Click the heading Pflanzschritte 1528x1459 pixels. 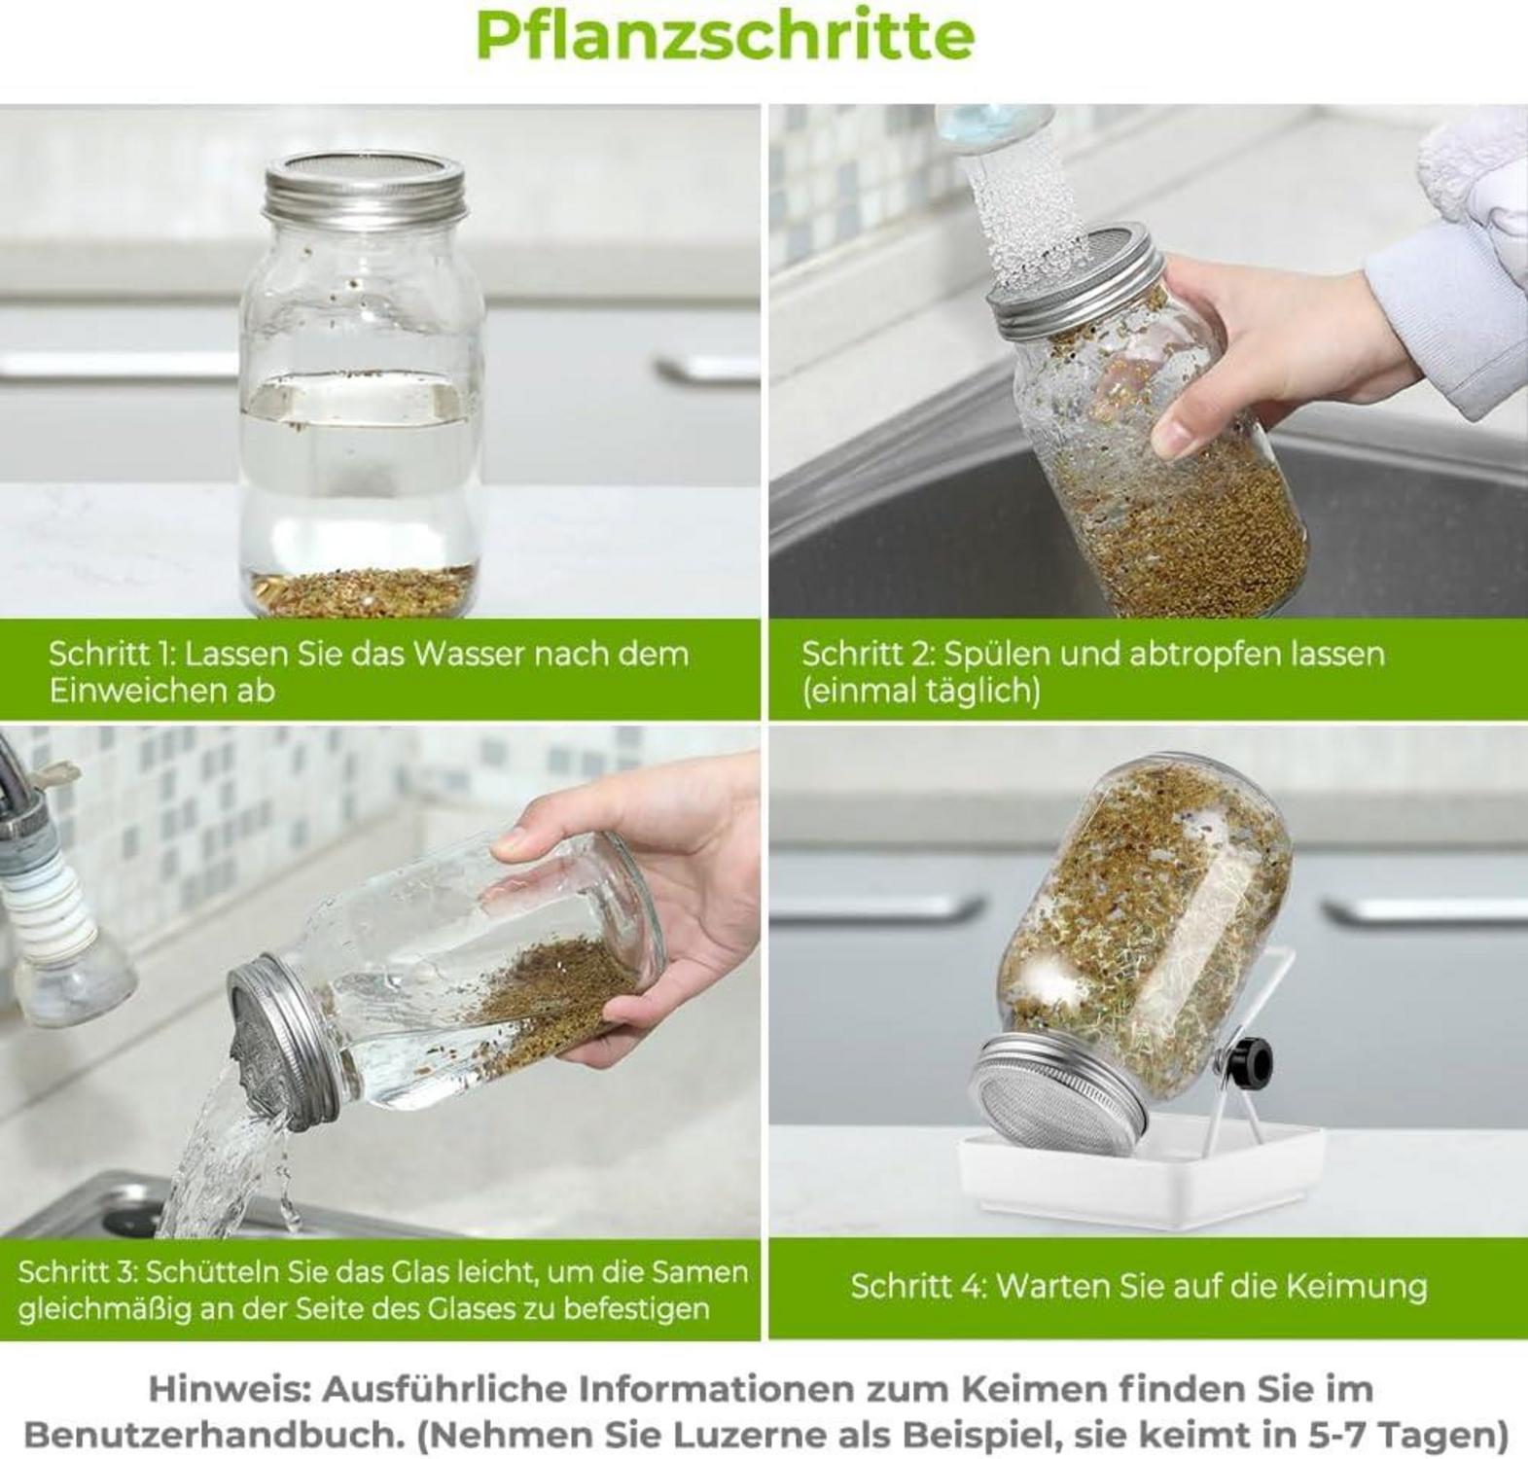pyautogui.click(x=725, y=36)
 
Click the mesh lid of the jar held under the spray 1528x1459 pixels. pyautogui.click(x=1068, y=287)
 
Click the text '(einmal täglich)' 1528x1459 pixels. pyautogui.click(x=920, y=691)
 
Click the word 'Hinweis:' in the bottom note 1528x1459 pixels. pyautogui.click(x=230, y=1389)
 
